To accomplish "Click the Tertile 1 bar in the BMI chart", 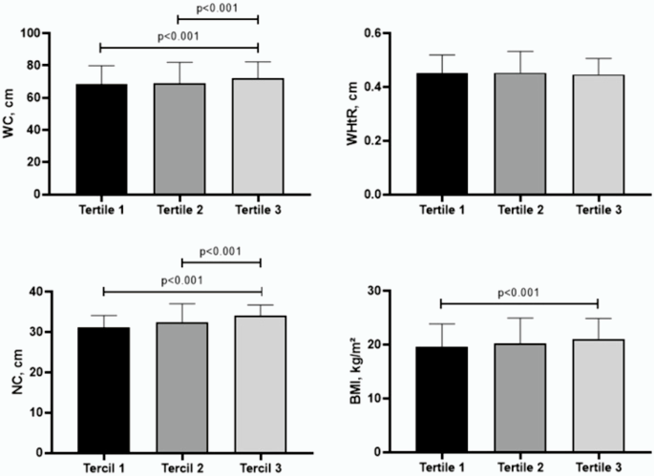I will (441, 400).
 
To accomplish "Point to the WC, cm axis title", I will (12, 114).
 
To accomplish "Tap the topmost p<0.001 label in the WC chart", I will (221, 11).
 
